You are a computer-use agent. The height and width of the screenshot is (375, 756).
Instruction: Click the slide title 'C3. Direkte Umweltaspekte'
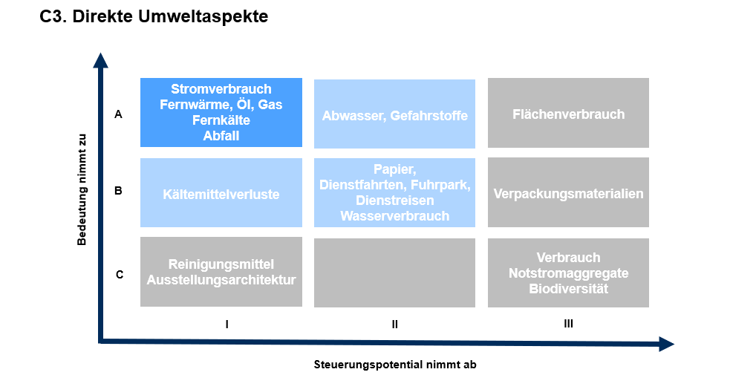(x=154, y=17)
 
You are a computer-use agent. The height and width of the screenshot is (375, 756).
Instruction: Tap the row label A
(x=118, y=114)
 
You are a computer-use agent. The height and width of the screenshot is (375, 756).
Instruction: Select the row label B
(x=118, y=191)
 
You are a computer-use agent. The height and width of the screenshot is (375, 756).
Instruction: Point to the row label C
(x=120, y=275)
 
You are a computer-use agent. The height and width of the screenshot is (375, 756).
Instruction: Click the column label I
(x=227, y=325)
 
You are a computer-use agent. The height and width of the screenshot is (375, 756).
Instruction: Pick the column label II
(x=395, y=325)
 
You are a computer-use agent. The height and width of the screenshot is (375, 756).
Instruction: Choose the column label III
(x=568, y=324)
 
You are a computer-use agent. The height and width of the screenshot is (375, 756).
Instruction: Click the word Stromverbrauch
(x=221, y=89)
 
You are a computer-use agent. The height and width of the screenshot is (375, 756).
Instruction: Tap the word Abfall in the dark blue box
(x=221, y=136)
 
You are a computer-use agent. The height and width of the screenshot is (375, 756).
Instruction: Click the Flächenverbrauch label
(x=568, y=114)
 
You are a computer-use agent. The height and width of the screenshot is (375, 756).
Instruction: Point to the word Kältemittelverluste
(x=221, y=195)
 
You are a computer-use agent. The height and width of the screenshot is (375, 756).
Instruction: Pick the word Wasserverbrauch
(x=395, y=216)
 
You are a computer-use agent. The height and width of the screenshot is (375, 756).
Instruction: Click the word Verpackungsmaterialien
(x=568, y=193)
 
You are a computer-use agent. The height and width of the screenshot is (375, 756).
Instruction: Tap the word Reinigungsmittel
(x=221, y=264)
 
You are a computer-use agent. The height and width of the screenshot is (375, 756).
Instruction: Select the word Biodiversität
(x=568, y=289)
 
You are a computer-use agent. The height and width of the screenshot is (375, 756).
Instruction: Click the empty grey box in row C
(x=394, y=273)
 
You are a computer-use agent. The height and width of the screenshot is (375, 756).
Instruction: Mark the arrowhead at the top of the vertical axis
(x=100, y=59)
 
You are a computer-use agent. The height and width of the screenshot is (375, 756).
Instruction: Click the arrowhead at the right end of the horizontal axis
(x=666, y=344)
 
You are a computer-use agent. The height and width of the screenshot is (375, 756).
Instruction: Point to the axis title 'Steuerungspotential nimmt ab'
(x=395, y=365)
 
